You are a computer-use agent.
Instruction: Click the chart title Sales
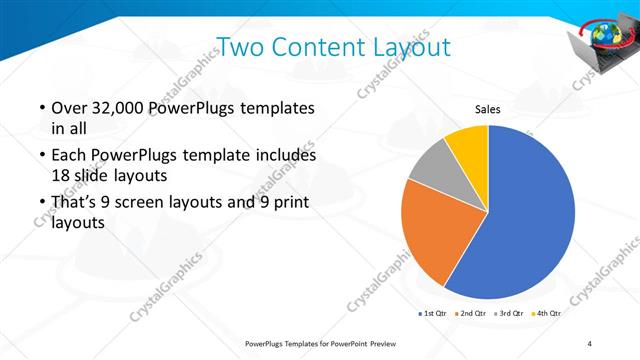coord(487,109)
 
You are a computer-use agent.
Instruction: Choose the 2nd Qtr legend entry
coord(476,313)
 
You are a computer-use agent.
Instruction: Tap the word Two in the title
coord(240,46)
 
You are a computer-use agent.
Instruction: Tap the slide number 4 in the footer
coord(590,344)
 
